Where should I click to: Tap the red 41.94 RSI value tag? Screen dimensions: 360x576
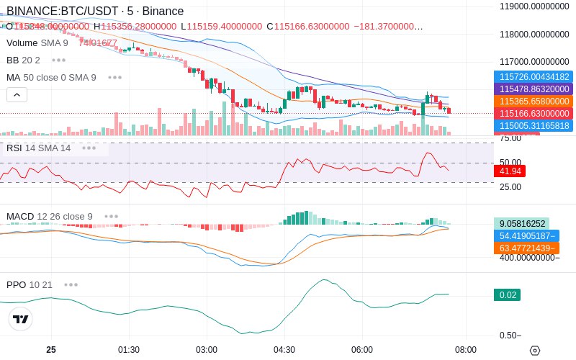pyautogui.click(x=510, y=171)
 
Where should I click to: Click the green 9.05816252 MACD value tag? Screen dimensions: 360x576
pyautogui.click(x=521, y=224)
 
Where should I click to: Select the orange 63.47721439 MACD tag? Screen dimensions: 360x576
pyautogui.click(x=526, y=248)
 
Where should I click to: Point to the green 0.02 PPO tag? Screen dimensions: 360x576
pyautogui.click(x=506, y=294)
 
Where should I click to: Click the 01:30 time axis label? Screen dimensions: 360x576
pyautogui.click(x=129, y=350)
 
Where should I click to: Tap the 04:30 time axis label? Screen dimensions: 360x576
pyautogui.click(x=284, y=350)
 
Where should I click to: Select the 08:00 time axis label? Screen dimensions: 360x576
pyautogui.click(x=466, y=350)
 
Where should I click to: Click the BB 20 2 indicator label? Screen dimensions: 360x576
pyautogui.click(x=23, y=60)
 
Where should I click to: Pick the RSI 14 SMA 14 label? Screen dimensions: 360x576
pyautogui.click(x=38, y=148)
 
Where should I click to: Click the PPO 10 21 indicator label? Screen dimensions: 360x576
pyautogui.click(x=30, y=284)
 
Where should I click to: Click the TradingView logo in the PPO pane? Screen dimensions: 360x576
pyautogui.click(x=21, y=319)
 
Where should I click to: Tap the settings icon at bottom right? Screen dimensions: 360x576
pyautogui.click(x=534, y=351)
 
